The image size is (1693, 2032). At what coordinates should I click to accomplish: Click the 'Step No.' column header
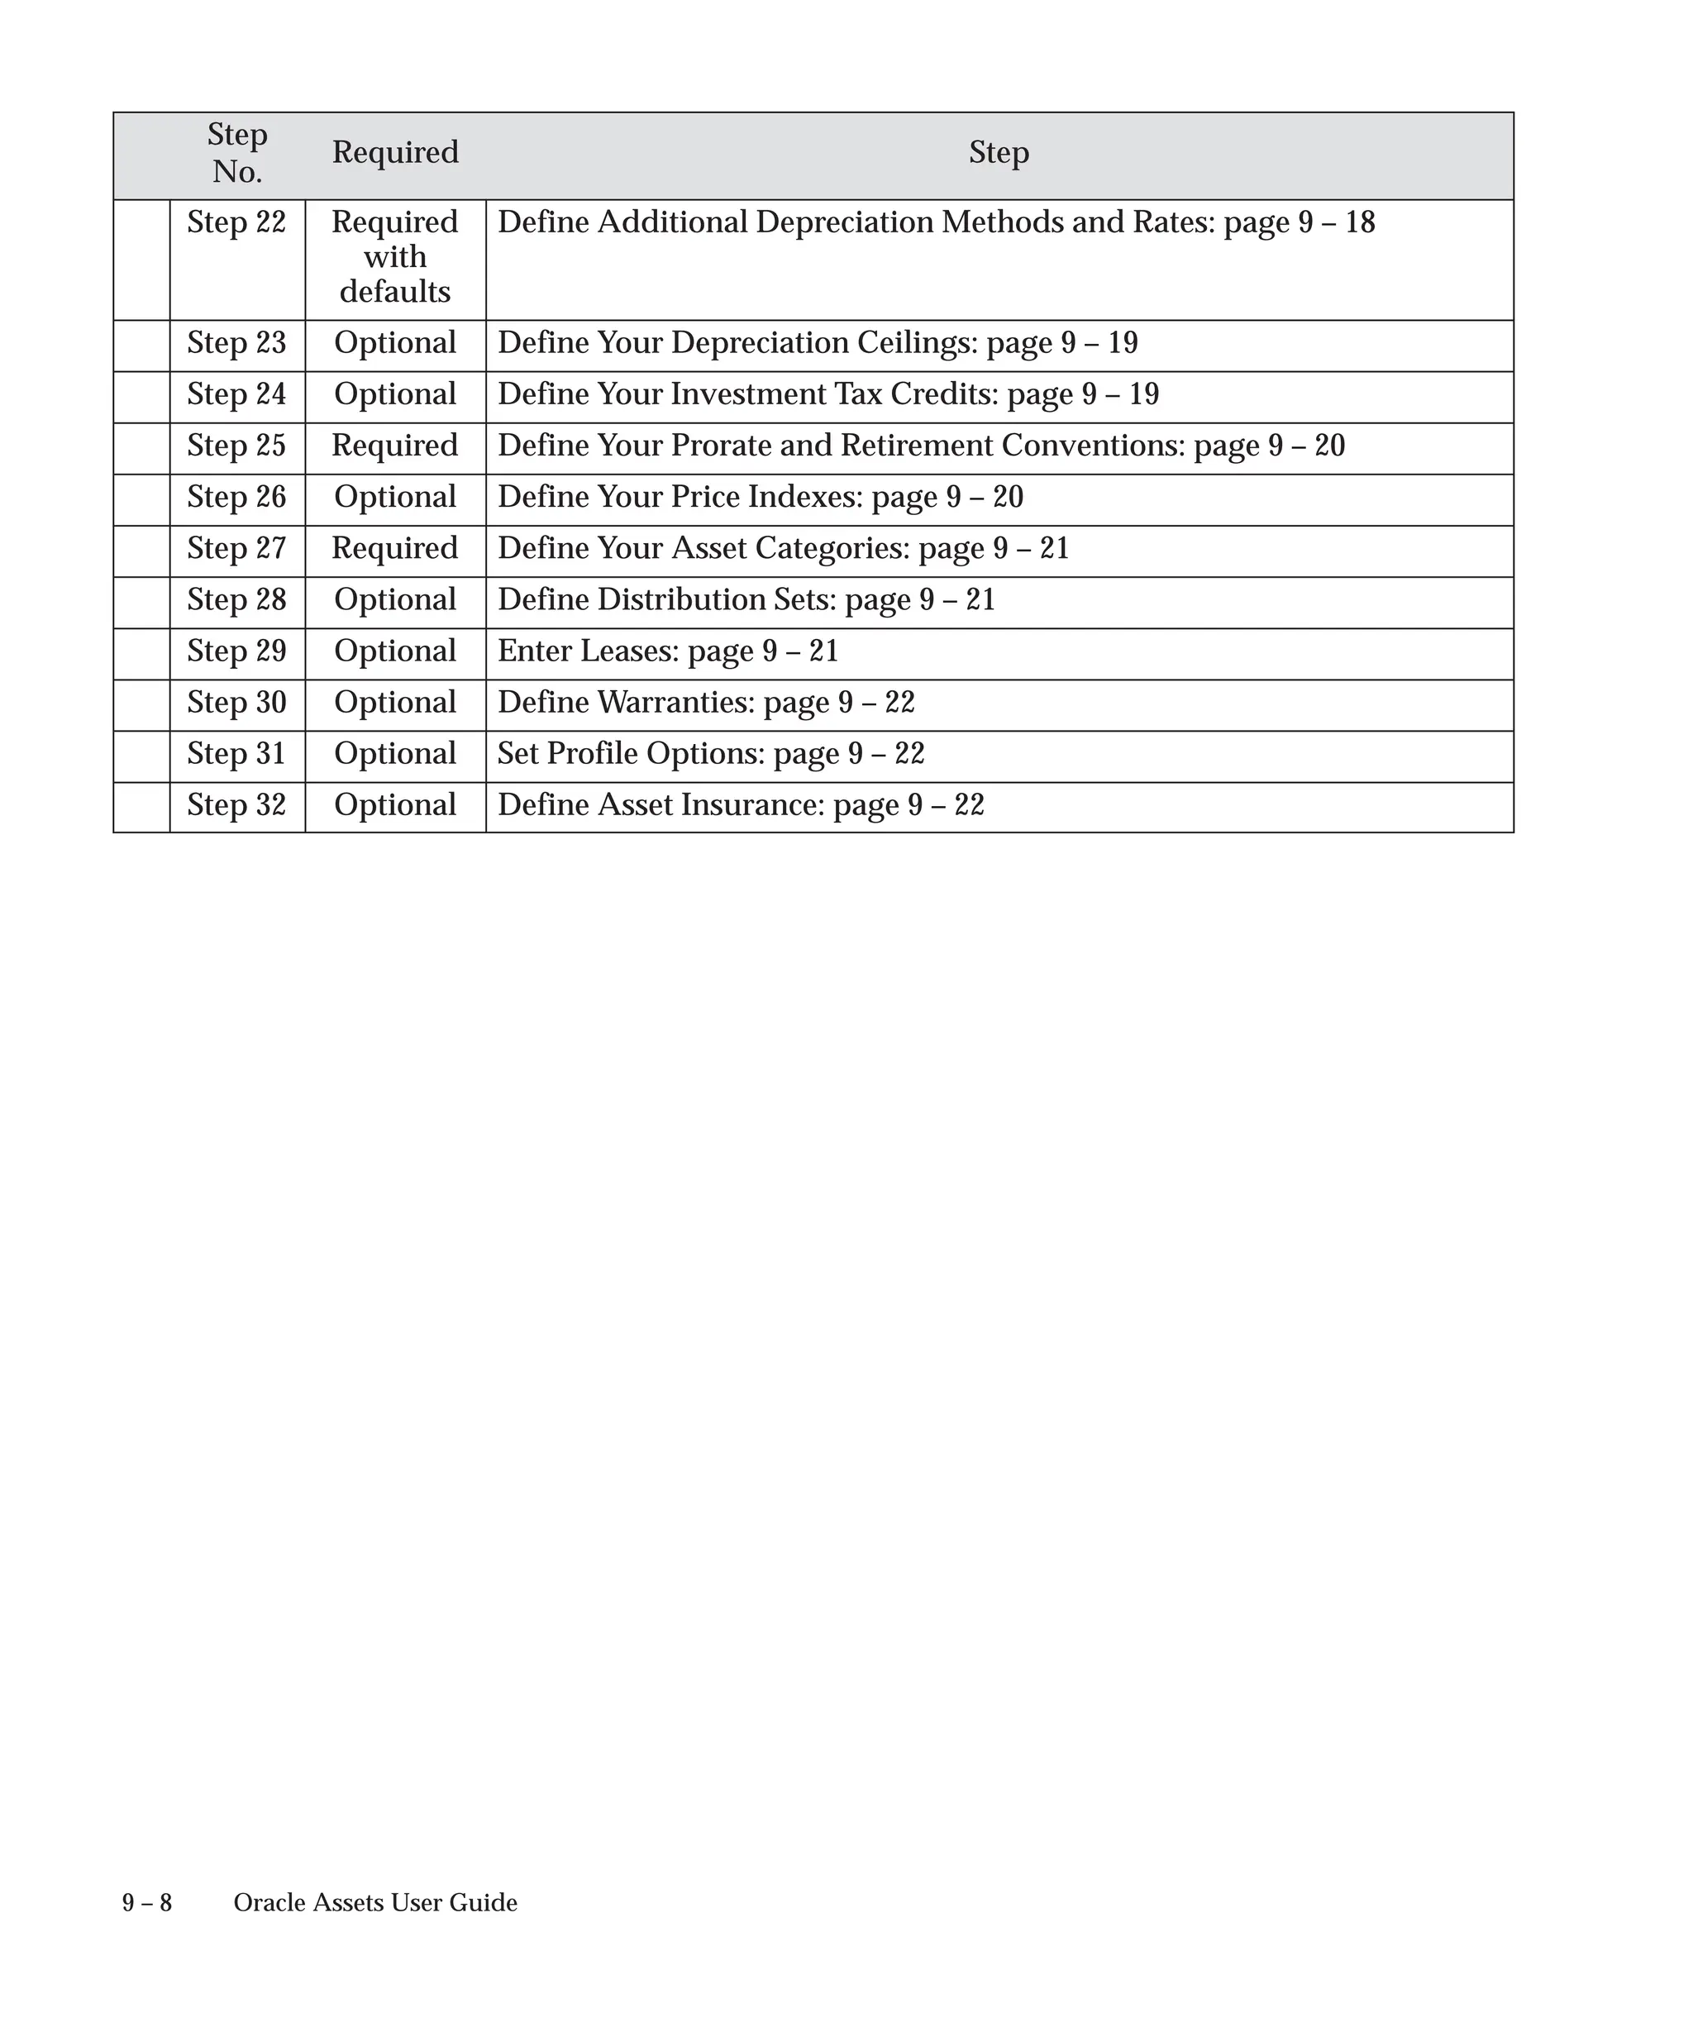pos(237,153)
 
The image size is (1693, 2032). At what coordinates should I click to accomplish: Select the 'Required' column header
pos(394,153)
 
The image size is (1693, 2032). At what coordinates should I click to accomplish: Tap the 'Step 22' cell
pos(237,222)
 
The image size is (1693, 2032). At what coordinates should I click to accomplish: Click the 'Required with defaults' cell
pos(394,256)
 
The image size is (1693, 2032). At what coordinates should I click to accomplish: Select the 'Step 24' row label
pos(237,395)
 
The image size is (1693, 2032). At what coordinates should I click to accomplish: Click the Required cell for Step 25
pos(394,446)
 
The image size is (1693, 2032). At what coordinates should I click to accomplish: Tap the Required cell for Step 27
pos(394,549)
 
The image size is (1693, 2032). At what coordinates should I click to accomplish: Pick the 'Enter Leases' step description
pos(589,651)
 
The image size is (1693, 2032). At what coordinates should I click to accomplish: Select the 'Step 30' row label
pos(237,703)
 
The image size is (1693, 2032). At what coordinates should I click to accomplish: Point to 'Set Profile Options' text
pos(631,754)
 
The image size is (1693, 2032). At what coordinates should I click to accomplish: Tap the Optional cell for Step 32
pos(394,805)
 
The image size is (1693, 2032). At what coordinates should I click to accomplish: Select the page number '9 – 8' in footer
pos(147,1903)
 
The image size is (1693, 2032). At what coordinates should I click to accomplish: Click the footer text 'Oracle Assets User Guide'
pos(375,1903)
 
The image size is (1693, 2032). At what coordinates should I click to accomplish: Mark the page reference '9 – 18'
pos(1336,222)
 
